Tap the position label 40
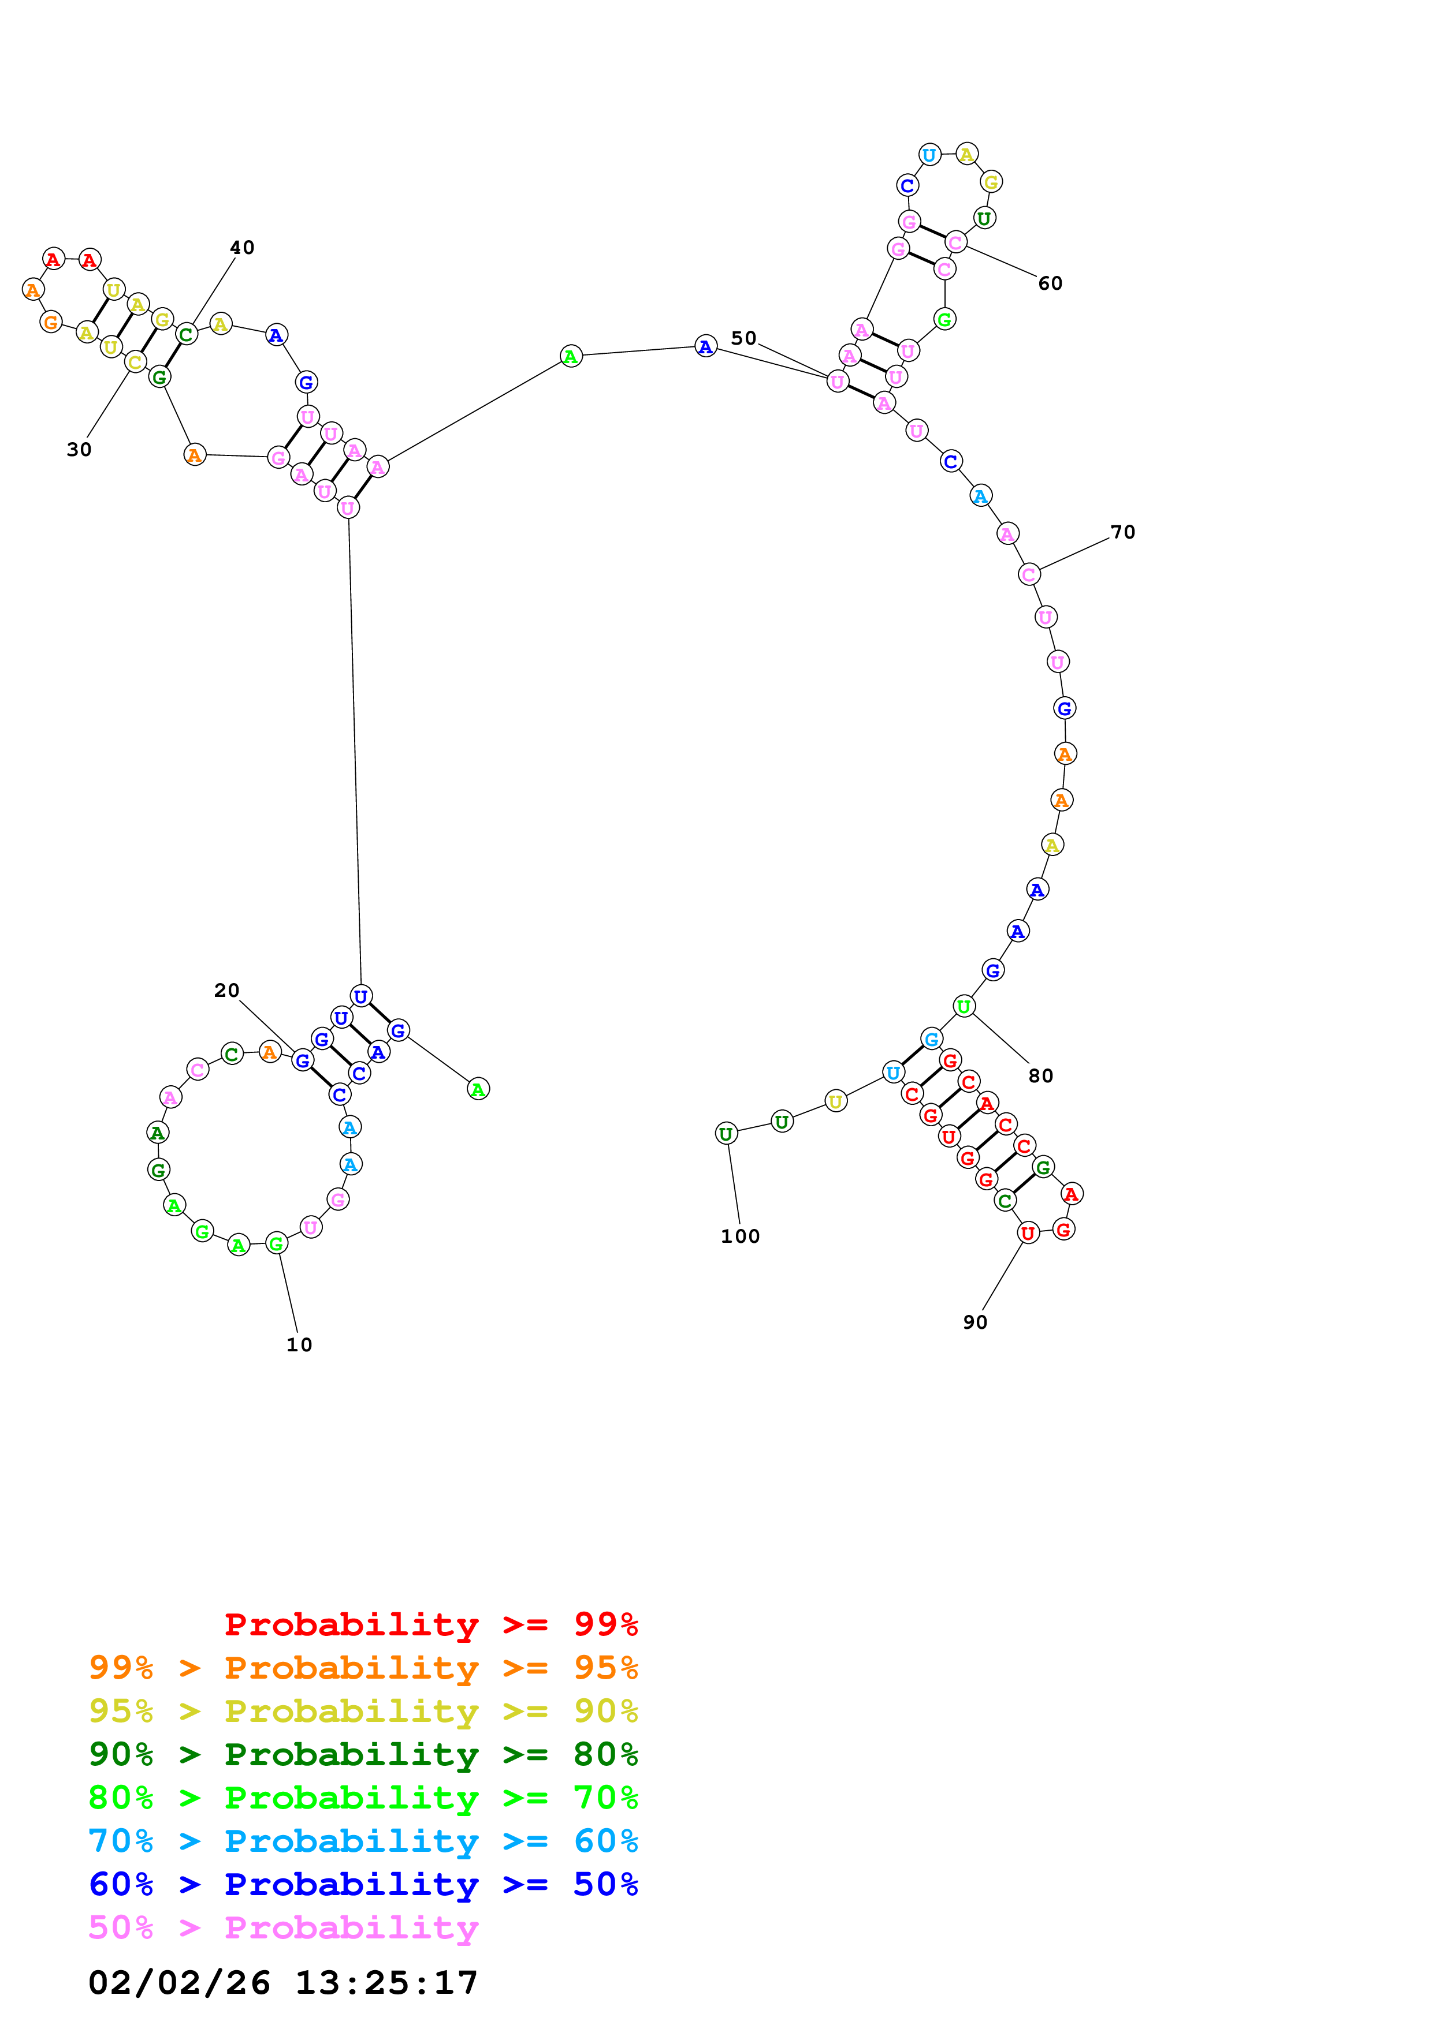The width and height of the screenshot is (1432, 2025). (x=242, y=248)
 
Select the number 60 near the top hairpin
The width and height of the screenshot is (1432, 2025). (x=1050, y=283)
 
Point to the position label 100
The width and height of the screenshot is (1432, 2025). (x=741, y=1236)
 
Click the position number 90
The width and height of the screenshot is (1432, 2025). (x=975, y=1322)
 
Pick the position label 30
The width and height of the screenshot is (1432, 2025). (x=79, y=450)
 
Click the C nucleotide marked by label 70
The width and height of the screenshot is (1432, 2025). (x=1029, y=574)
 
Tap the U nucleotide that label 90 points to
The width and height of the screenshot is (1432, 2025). (x=1028, y=1233)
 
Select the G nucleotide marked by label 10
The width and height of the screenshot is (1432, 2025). (x=276, y=1243)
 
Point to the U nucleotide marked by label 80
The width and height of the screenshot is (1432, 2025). (x=964, y=1006)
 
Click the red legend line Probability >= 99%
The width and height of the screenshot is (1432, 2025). (x=432, y=1624)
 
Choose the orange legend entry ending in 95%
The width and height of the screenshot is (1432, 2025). (x=363, y=1668)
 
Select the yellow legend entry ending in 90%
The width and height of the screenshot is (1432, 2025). (x=363, y=1711)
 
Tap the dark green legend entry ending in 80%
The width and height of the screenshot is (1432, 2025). (x=363, y=1754)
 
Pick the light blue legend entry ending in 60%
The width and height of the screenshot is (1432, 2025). (x=363, y=1841)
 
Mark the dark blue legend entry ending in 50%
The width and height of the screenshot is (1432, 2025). (x=363, y=1884)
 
